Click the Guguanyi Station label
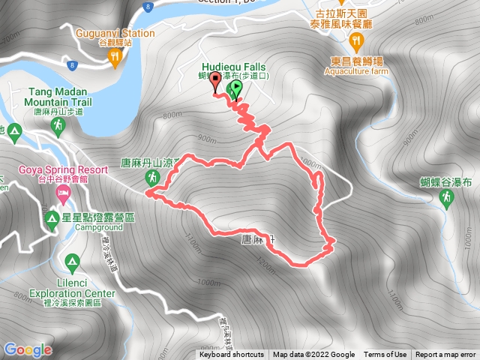click(x=115, y=33)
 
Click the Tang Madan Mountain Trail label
click(x=61, y=97)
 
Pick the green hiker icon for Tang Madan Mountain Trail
click(x=57, y=128)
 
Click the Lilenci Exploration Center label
click(x=73, y=293)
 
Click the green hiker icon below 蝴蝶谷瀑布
click(x=447, y=197)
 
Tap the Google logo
click(x=28, y=349)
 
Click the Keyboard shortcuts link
click(x=232, y=355)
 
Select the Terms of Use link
click(x=385, y=355)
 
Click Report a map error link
click(x=445, y=355)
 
